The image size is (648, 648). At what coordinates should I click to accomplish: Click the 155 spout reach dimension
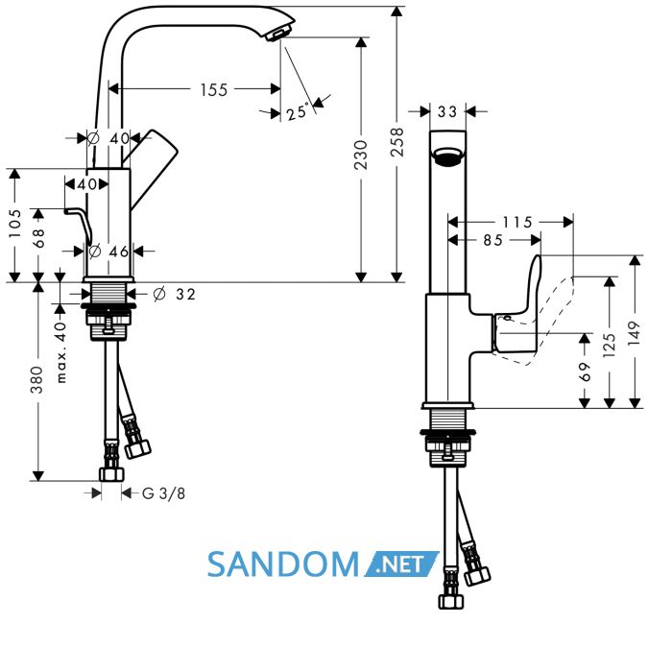click(x=214, y=89)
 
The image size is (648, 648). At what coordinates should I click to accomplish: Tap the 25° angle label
click(x=298, y=111)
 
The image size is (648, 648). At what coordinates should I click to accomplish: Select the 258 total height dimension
click(x=396, y=142)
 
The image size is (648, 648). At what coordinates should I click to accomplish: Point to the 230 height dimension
click(x=361, y=155)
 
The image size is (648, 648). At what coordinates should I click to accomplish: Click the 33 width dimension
click(x=447, y=111)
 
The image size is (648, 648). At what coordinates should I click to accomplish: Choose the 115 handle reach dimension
click(x=517, y=223)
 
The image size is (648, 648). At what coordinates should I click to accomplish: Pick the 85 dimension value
click(x=493, y=240)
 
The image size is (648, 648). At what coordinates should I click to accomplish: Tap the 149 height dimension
click(x=634, y=334)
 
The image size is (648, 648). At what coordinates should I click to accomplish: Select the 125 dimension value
click(x=610, y=345)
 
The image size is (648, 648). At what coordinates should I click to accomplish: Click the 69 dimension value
click(x=585, y=372)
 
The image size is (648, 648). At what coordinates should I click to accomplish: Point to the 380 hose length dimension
click(x=36, y=379)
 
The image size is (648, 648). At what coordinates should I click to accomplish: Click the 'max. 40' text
click(x=60, y=352)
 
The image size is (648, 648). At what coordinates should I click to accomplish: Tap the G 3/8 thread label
click(x=163, y=493)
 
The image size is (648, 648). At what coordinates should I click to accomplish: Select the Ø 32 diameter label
click(x=174, y=294)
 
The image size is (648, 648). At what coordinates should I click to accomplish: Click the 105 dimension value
click(x=14, y=224)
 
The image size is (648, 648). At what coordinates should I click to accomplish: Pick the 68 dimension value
click(x=38, y=238)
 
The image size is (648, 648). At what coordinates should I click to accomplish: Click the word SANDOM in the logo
click(x=283, y=564)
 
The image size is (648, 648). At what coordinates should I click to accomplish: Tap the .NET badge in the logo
click(x=401, y=564)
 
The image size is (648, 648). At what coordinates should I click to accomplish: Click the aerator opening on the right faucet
click(x=447, y=157)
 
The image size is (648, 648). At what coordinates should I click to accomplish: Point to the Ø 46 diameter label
click(x=108, y=251)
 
